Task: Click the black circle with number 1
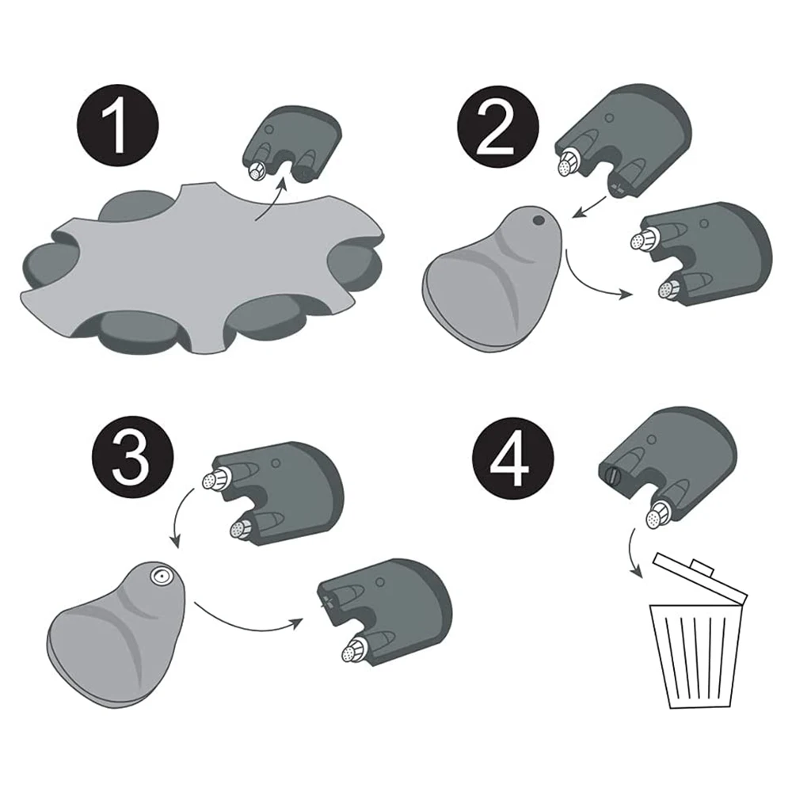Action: [118, 126]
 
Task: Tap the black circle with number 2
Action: [498, 127]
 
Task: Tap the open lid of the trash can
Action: [700, 580]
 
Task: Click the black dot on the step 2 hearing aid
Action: [539, 220]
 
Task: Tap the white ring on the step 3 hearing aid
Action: [161, 576]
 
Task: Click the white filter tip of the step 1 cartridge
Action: [257, 172]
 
